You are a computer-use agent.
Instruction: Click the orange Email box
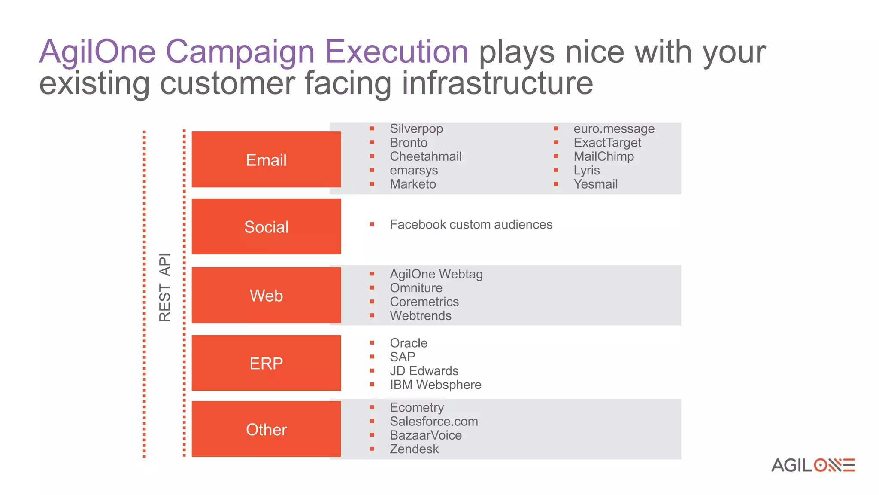click(266, 159)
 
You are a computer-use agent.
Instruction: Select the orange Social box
click(266, 226)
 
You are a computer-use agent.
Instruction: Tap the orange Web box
click(266, 295)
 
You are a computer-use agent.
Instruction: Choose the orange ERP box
click(266, 363)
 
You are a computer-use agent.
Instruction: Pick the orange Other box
click(266, 429)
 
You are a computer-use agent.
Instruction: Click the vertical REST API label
click(165, 287)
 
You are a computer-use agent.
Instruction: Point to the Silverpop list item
click(416, 129)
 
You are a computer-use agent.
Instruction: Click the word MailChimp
click(603, 156)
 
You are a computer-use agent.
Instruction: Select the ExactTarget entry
click(607, 143)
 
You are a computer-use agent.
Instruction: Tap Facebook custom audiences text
click(470, 225)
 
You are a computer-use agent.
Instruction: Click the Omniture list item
click(415, 288)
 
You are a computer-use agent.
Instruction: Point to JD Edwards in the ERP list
click(424, 371)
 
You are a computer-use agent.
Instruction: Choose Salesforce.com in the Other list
click(433, 422)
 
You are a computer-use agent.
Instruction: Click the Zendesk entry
click(414, 449)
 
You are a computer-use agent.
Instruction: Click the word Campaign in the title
click(240, 52)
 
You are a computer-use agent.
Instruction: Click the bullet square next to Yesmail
click(556, 184)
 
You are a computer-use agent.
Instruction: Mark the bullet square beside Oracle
click(372, 343)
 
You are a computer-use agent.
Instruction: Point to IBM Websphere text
click(435, 385)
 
